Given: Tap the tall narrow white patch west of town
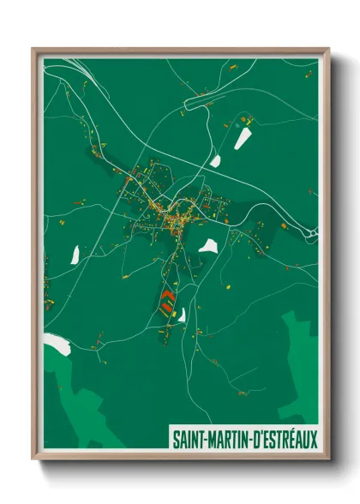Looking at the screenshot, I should pos(75,254).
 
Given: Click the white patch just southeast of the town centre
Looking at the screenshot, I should pos(207,246).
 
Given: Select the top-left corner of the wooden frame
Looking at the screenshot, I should pos(34,50).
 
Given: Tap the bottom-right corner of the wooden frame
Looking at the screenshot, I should pos(327,459).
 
